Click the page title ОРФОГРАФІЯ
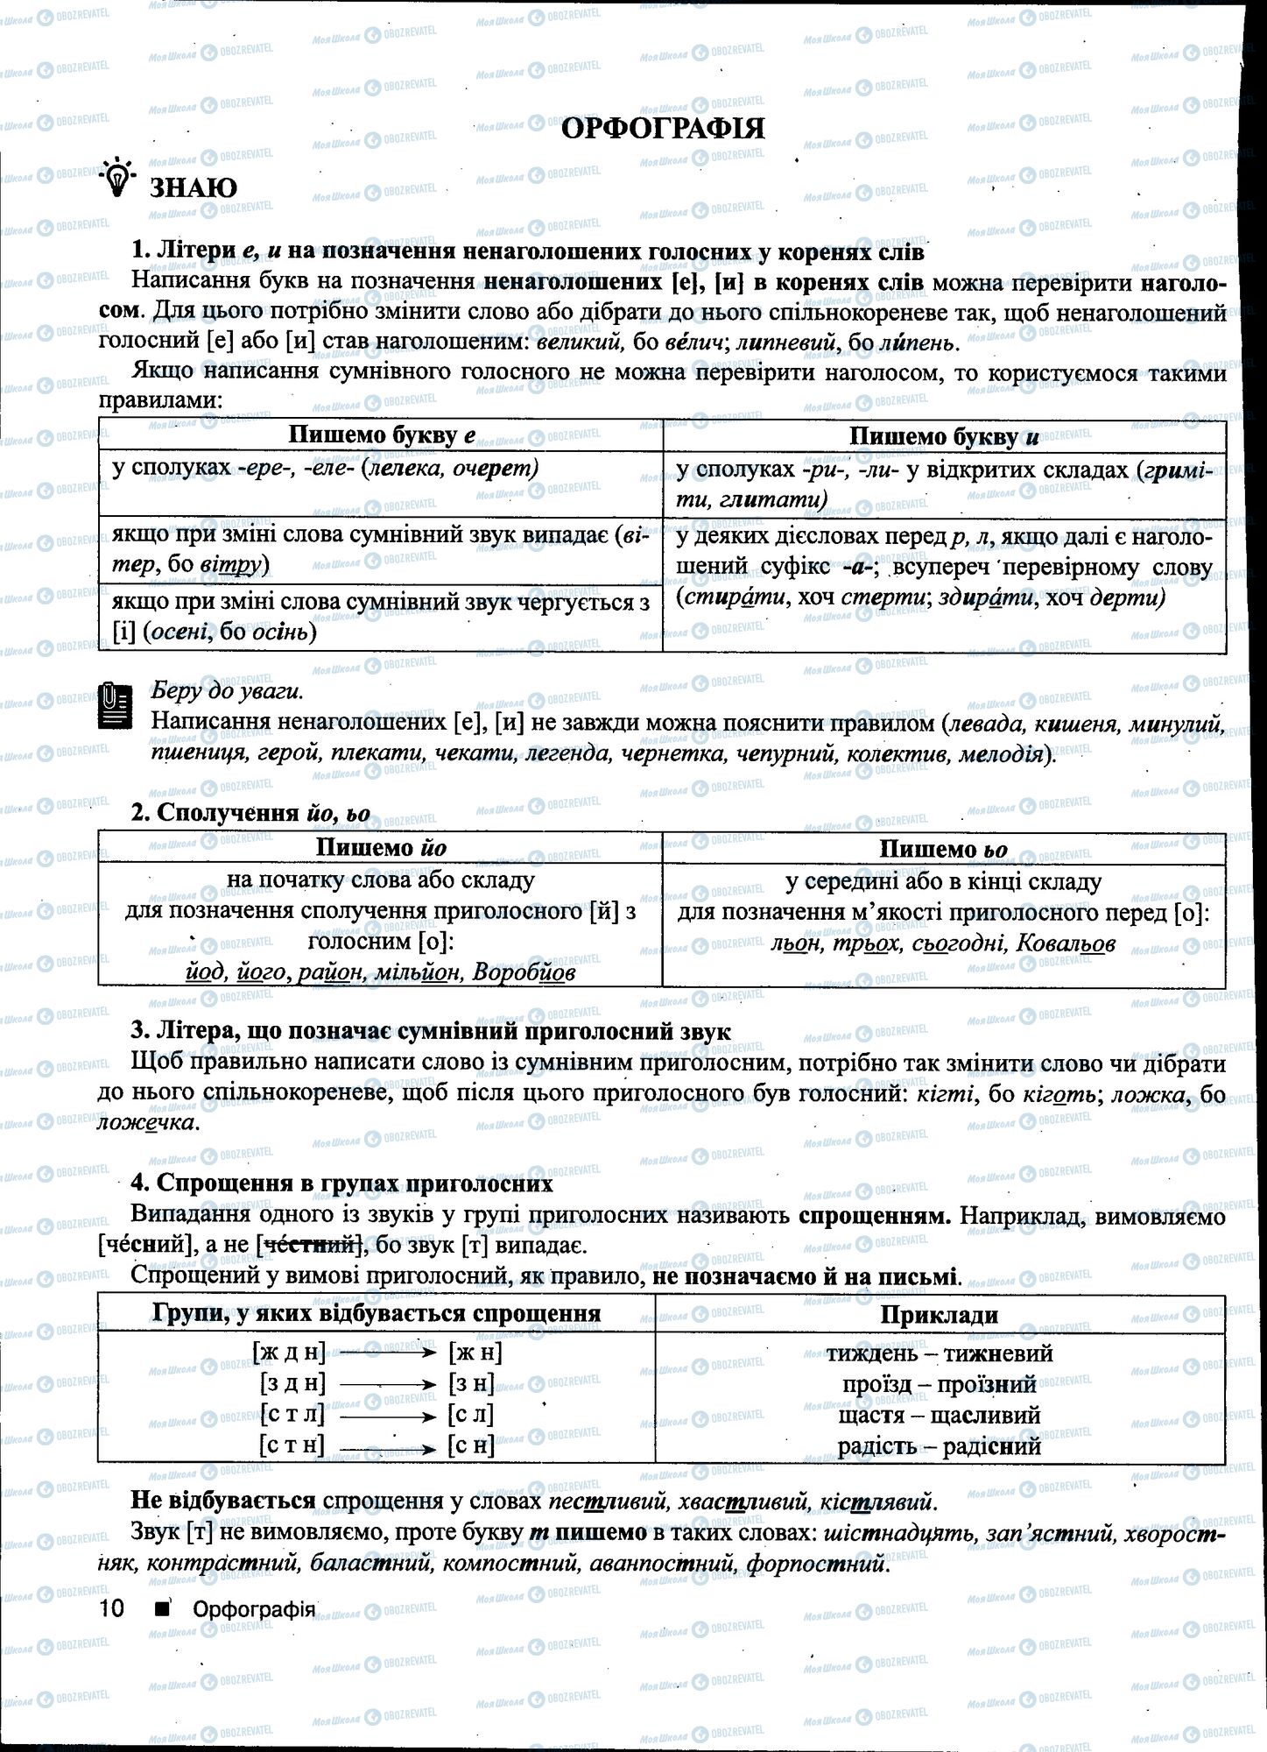coord(662,128)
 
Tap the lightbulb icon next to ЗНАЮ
coord(118,180)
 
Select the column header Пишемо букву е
coord(382,435)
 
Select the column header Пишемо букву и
coord(943,436)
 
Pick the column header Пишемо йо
coord(381,847)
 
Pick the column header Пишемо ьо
coord(943,849)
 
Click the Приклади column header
coord(939,1314)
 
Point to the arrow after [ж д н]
coord(387,1353)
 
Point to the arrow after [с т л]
coord(387,1414)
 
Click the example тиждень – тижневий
coord(939,1353)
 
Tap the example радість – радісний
coord(939,1445)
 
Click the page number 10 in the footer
coord(113,1609)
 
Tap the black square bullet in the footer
coord(161,1609)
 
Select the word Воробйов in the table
coord(524,972)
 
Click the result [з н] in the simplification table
coord(471,1384)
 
